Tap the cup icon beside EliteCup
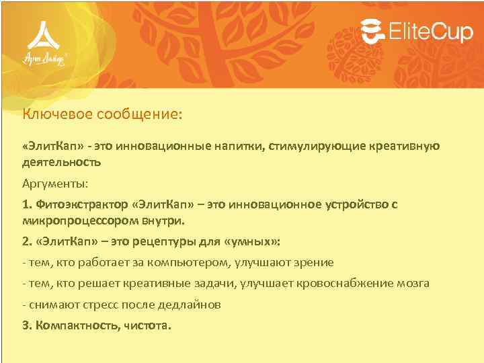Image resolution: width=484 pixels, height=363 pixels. tap(372, 30)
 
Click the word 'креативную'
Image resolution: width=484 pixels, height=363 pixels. tap(407, 146)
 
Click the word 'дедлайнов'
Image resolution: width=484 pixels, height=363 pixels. tap(190, 305)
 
